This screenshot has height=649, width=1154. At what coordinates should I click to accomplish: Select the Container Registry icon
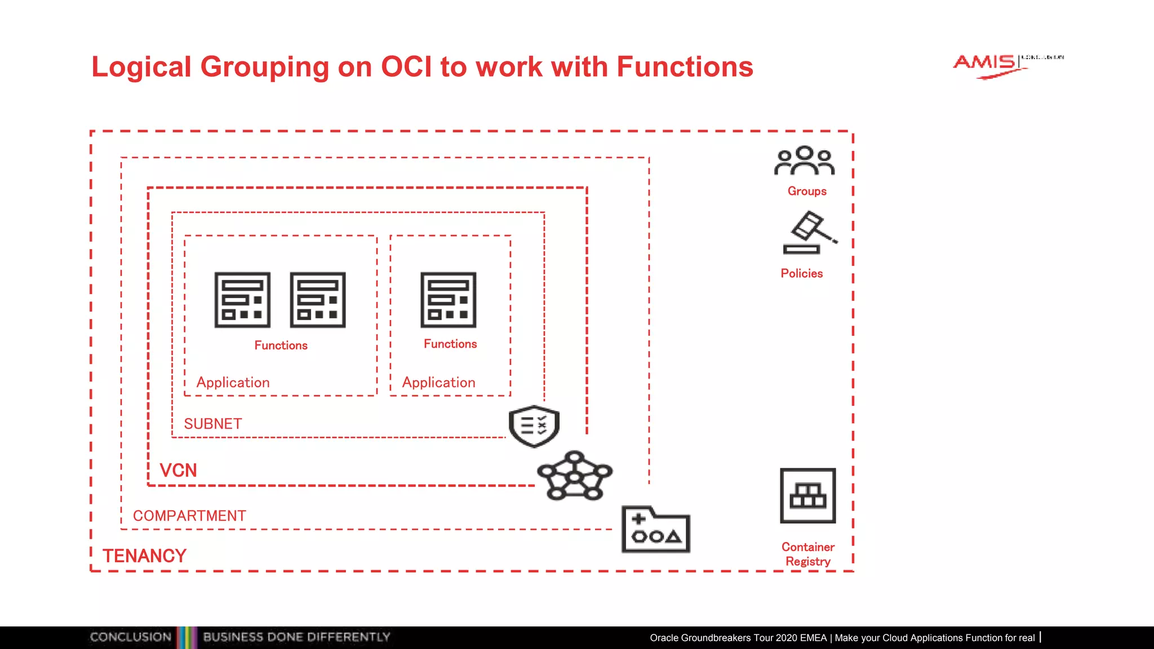click(807, 496)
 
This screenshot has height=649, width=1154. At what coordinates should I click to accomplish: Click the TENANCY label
click(144, 556)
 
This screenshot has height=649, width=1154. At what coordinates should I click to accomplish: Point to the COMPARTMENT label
click(189, 515)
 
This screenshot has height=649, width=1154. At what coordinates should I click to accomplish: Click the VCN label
click(178, 470)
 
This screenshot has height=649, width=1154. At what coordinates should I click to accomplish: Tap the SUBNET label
click(213, 424)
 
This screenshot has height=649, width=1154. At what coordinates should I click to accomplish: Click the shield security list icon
click(534, 426)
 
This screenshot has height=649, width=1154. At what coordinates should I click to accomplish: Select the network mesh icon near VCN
click(574, 475)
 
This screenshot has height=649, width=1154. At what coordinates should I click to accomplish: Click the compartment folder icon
click(655, 530)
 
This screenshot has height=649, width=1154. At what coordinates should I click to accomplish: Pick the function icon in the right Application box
click(448, 300)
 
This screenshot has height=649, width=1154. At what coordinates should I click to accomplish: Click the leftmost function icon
click(242, 300)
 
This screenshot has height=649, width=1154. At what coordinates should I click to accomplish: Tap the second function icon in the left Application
click(318, 300)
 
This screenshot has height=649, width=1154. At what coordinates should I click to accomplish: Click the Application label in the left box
click(233, 383)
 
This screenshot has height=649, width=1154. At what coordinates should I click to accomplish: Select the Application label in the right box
click(438, 383)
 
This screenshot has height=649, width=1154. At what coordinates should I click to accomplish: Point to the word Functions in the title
click(685, 67)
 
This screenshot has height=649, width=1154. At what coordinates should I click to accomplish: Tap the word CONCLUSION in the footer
click(130, 637)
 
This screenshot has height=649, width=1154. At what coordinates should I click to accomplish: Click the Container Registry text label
click(807, 554)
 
